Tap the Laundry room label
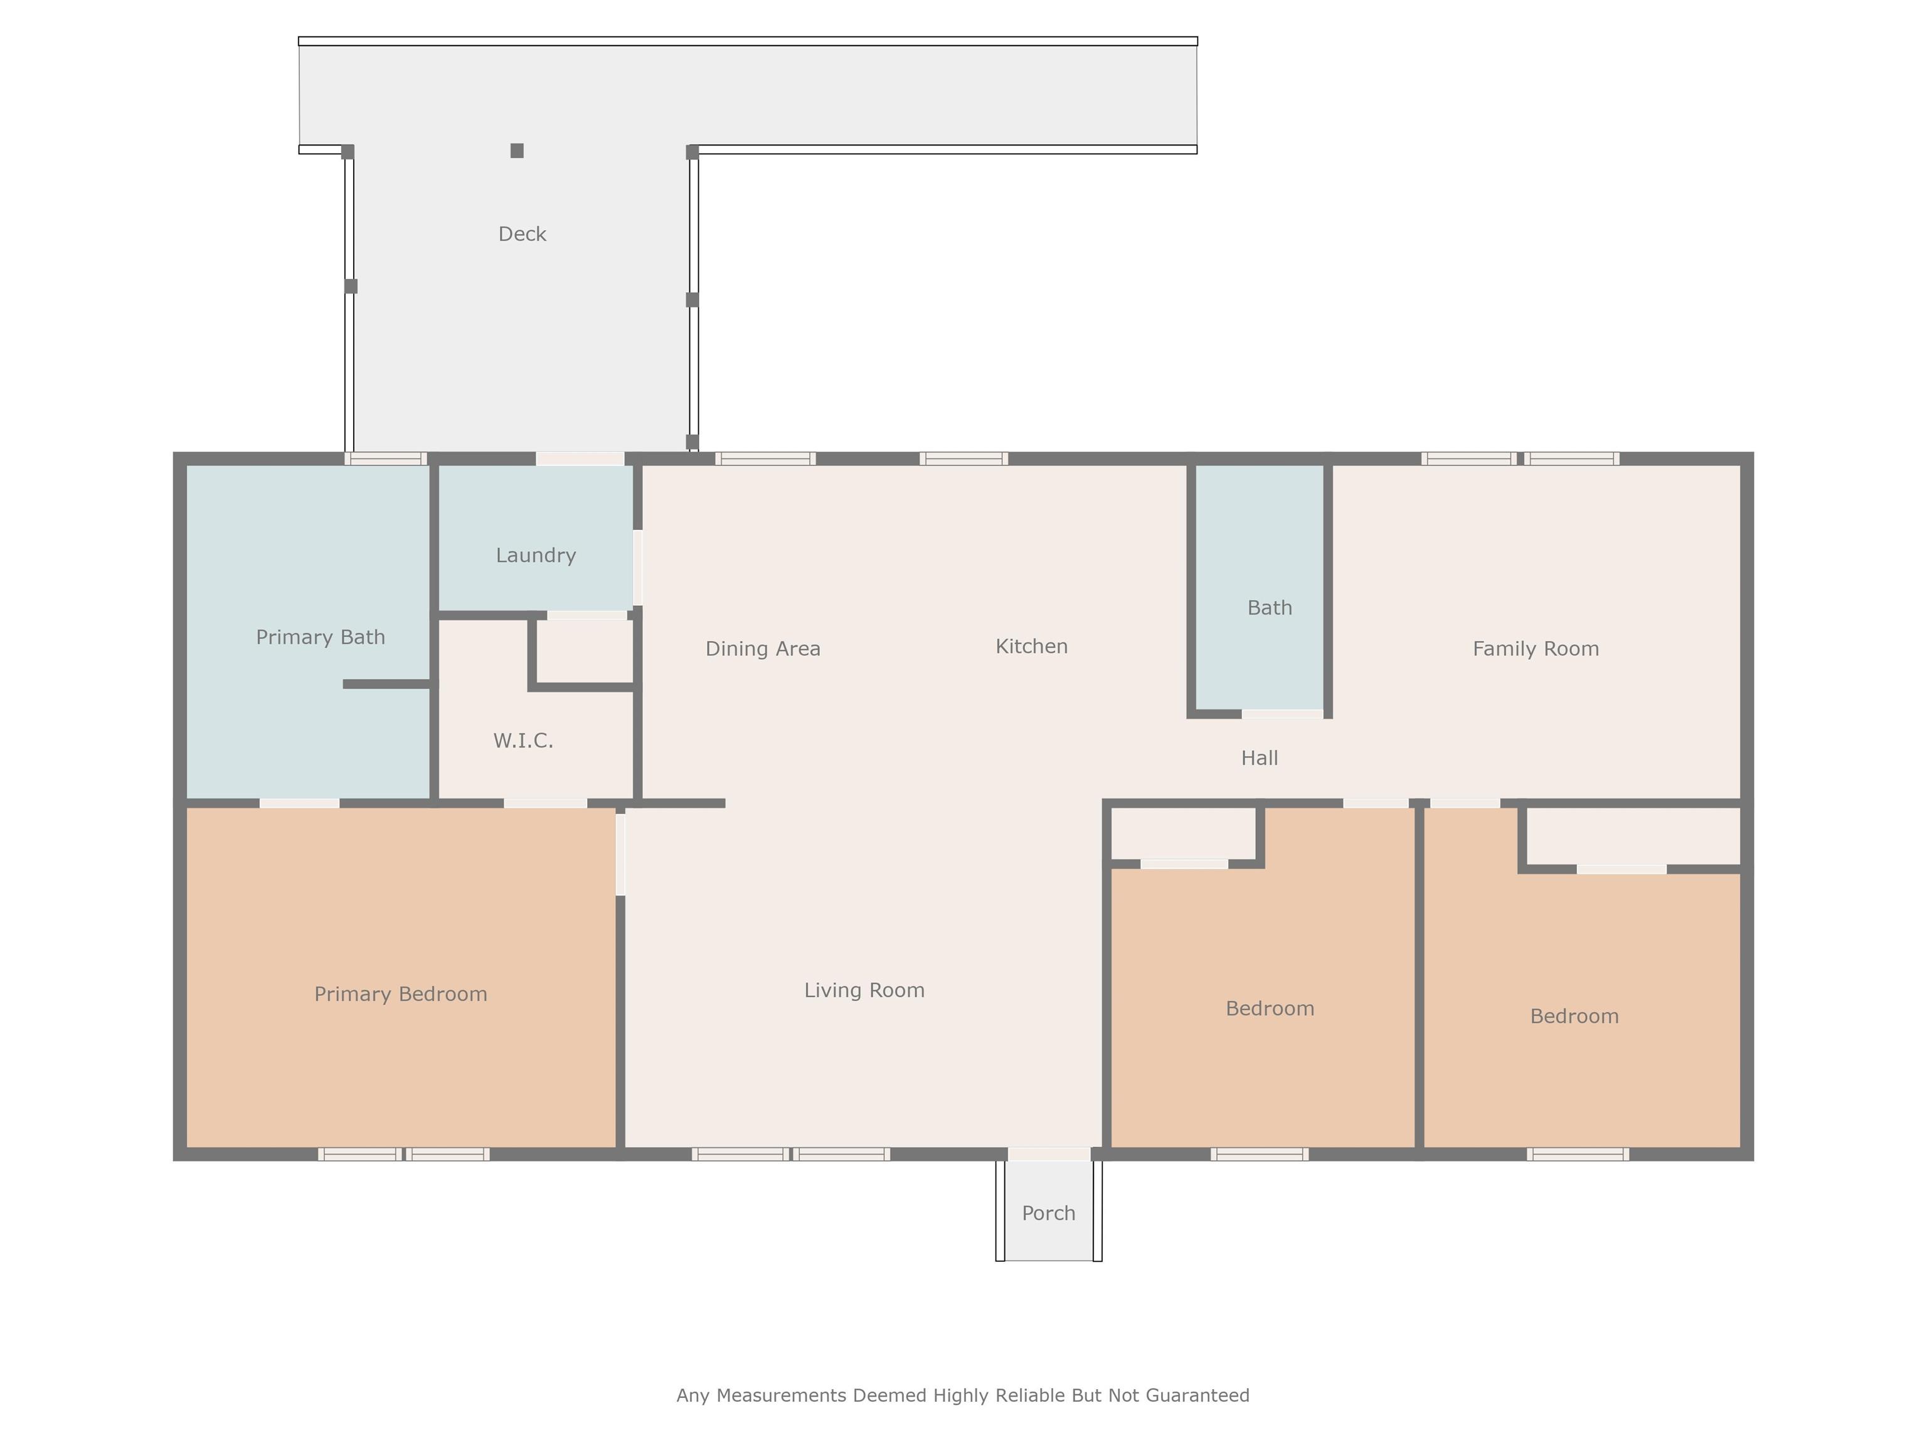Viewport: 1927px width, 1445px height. click(536, 556)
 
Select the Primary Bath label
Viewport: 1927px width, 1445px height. click(321, 638)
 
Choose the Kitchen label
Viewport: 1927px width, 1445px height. click(1031, 646)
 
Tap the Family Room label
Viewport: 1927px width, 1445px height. click(1536, 649)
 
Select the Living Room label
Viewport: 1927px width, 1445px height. click(864, 990)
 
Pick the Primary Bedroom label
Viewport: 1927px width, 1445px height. click(401, 994)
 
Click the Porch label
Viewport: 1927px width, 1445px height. click(1049, 1214)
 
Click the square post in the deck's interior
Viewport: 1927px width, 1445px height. click(517, 151)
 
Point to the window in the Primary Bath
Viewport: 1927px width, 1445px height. click(385, 458)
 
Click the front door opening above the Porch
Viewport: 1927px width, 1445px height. click(1049, 1154)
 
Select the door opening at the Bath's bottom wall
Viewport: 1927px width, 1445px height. click(1282, 714)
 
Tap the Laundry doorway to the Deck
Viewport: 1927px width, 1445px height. click(580, 458)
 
